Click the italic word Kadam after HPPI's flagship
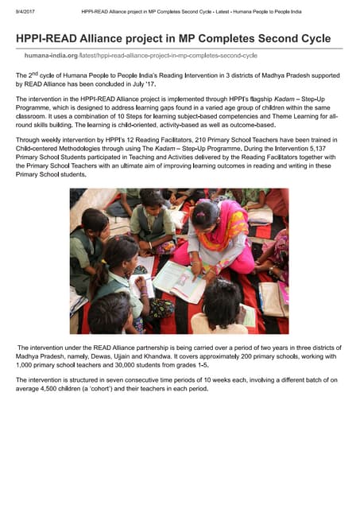(x=276, y=99)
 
